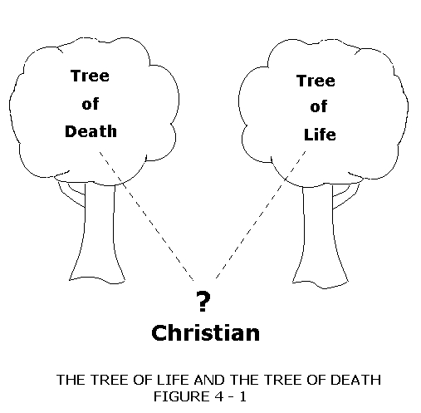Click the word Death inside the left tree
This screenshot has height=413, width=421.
click(91, 131)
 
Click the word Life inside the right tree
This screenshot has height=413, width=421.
click(320, 135)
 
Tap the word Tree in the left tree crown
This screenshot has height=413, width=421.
click(90, 76)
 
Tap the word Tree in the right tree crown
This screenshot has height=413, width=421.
click(316, 81)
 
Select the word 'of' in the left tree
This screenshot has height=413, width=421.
click(91, 104)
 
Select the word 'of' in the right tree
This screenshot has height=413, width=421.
click(319, 106)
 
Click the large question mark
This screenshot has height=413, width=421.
click(203, 301)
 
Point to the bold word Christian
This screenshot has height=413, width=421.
click(206, 332)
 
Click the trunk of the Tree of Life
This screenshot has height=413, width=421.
click(320, 238)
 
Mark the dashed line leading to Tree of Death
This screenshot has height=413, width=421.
click(146, 216)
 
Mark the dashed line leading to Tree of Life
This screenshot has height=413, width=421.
click(261, 214)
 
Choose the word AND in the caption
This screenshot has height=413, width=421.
click(209, 380)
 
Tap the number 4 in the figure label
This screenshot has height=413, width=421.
click(218, 396)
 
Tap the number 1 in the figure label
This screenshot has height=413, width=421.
click(242, 396)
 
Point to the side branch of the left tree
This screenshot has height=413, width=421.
click(71, 194)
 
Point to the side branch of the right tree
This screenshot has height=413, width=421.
click(346, 196)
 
